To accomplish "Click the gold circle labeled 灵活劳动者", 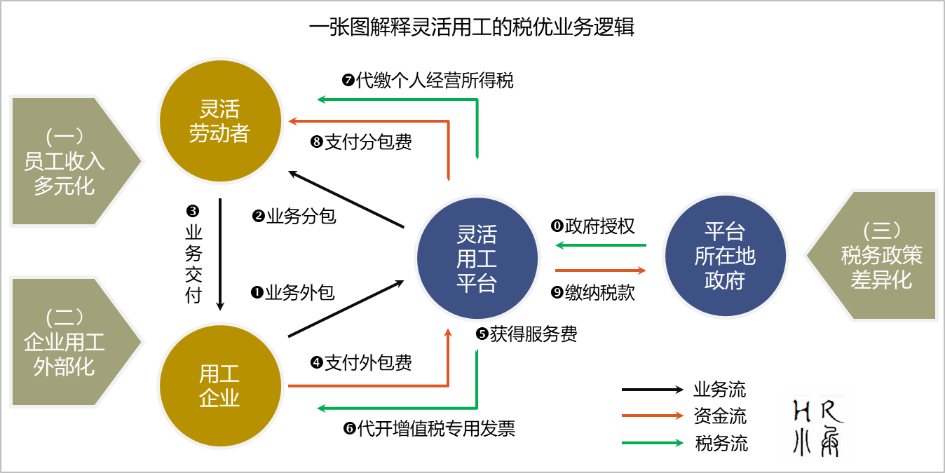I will coord(219,122).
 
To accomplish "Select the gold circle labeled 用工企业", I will coord(219,386).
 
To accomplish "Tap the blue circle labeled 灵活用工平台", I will coord(477,259).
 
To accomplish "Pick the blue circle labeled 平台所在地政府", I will coord(725,256).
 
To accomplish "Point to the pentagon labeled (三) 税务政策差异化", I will coord(876,256).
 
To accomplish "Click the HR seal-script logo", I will coord(817,426).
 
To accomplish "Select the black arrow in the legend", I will coord(652,390).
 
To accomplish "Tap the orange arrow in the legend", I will coord(652,416).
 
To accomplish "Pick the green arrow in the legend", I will coord(652,443).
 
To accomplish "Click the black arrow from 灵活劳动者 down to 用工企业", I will coord(220,254).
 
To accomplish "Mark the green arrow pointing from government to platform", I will coord(600,245).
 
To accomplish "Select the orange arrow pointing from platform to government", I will coord(600,270).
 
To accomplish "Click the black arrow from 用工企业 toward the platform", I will coord(346,309).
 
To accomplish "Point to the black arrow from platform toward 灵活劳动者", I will coord(346,198).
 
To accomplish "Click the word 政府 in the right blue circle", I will coord(725,280).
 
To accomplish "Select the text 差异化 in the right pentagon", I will coord(881,280).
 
